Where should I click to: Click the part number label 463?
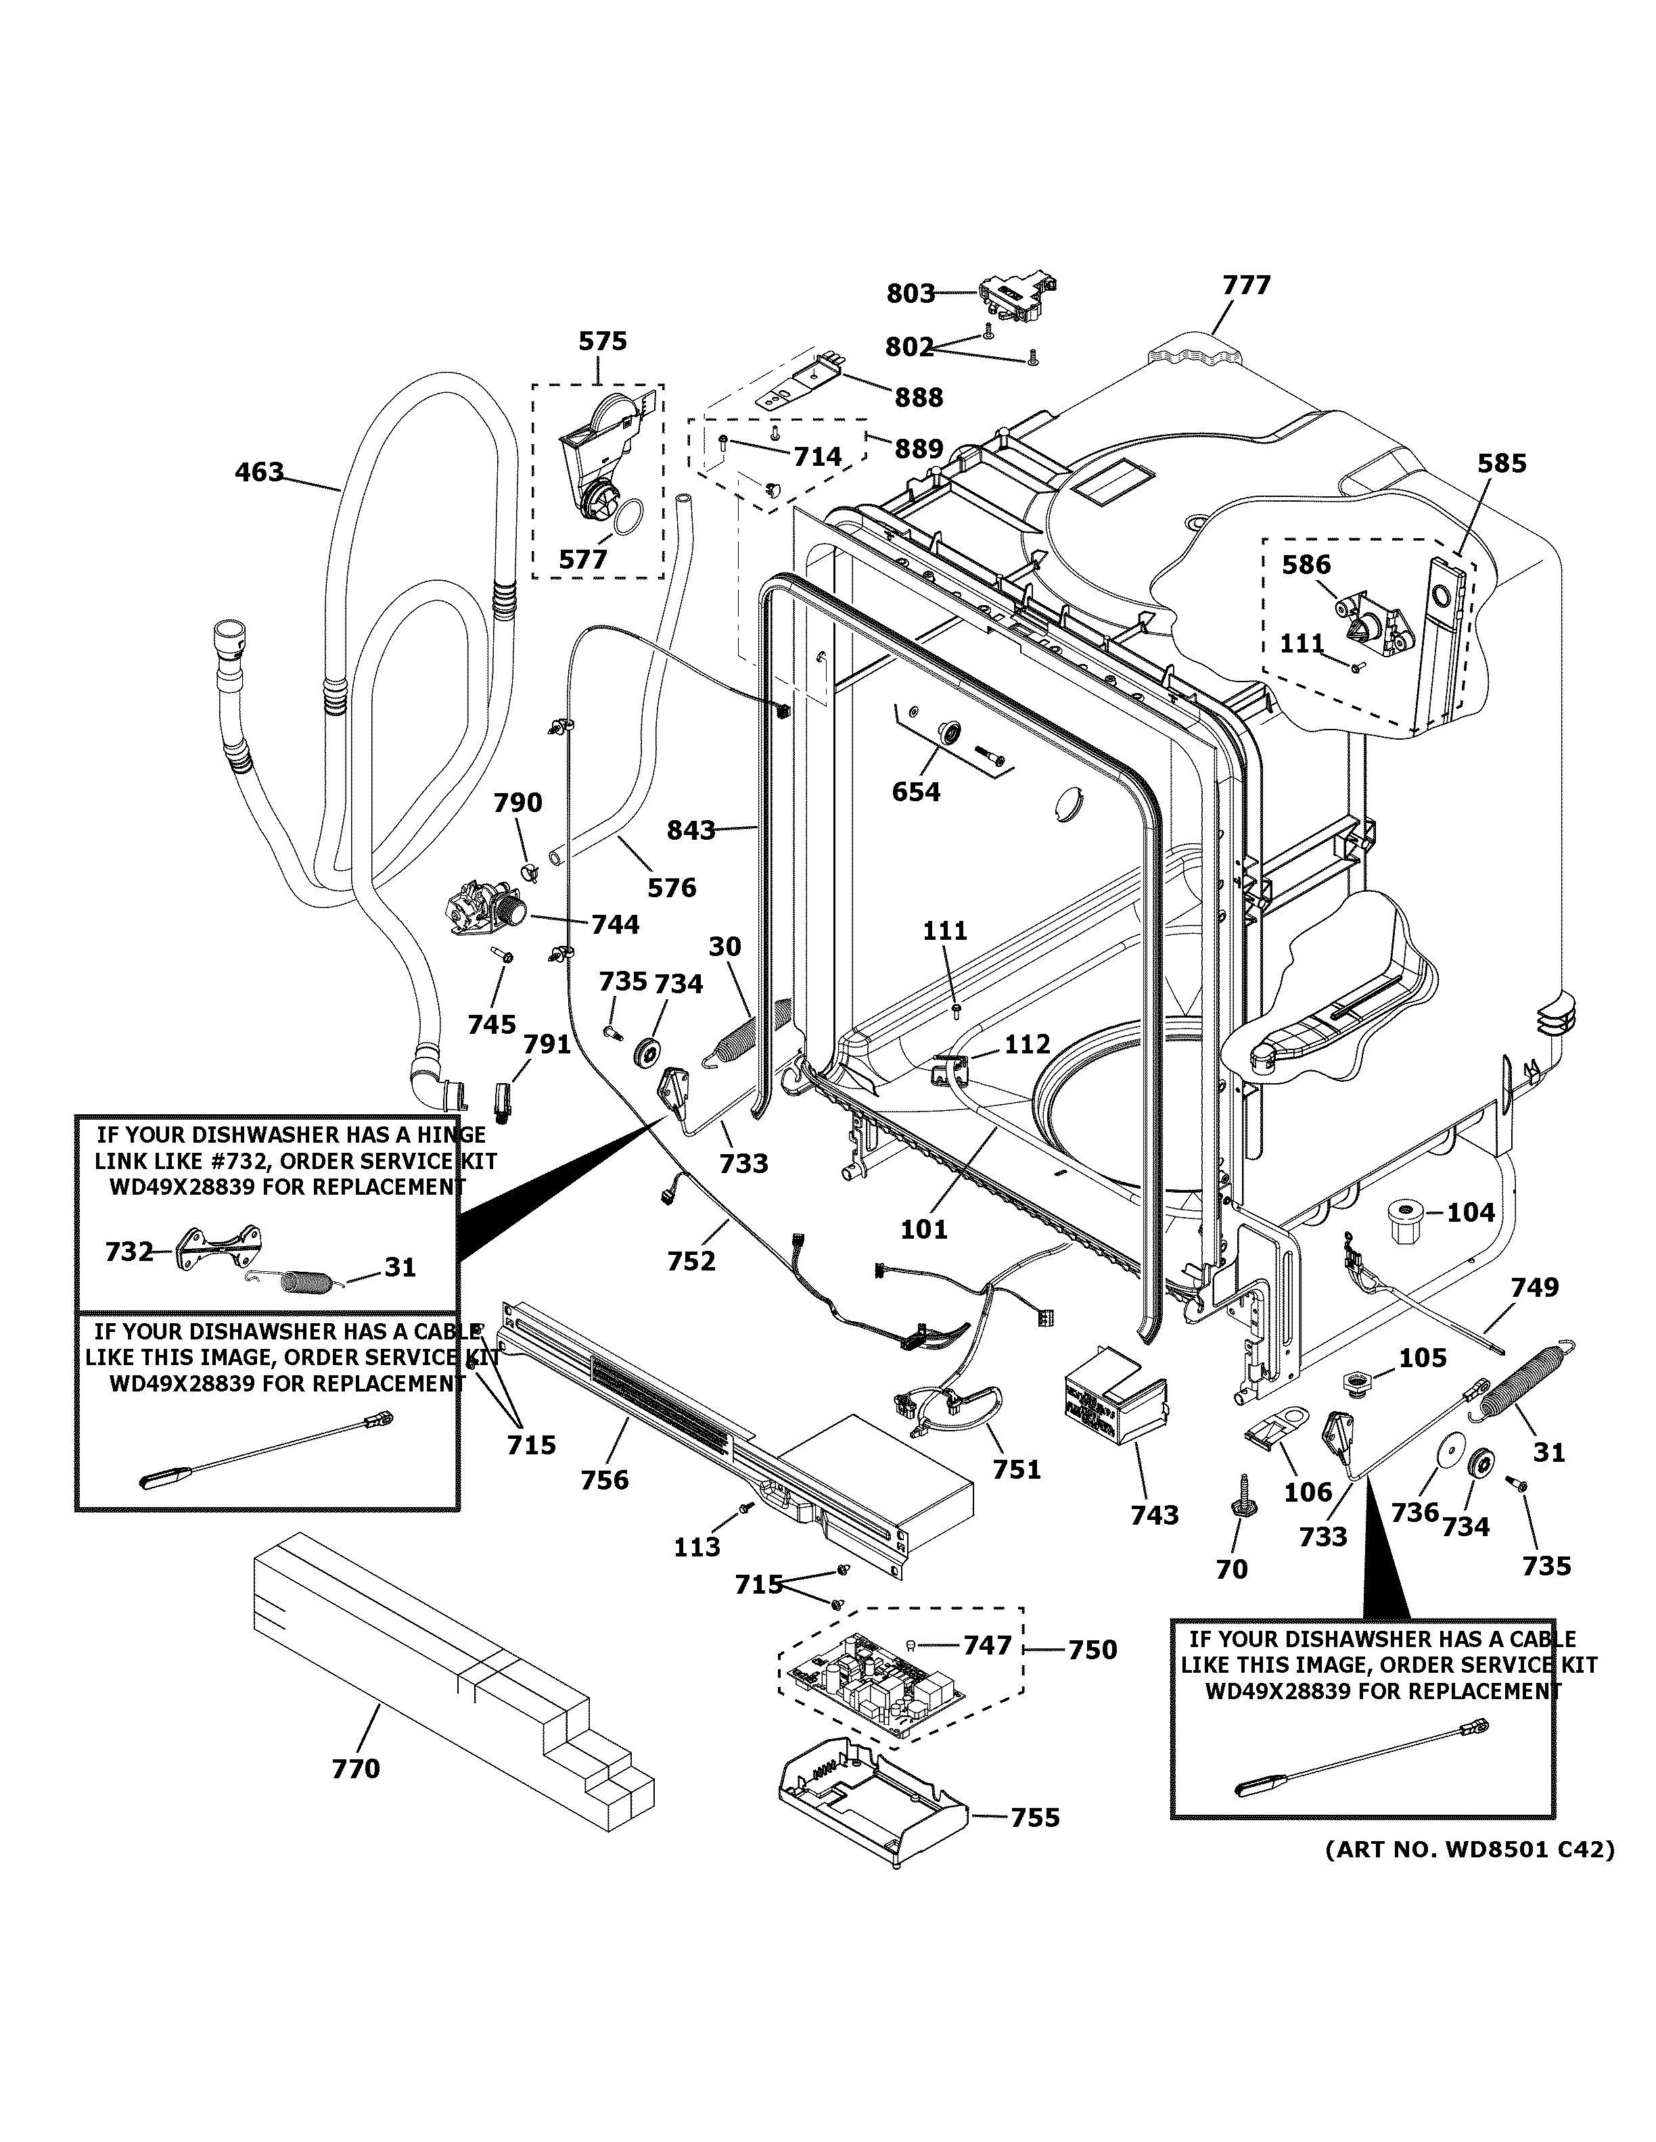pyautogui.click(x=259, y=473)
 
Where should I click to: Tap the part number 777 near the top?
pyautogui.click(x=1246, y=285)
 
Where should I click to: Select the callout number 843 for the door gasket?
pyautogui.click(x=691, y=831)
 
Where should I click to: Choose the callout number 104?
pyautogui.click(x=1471, y=1213)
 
